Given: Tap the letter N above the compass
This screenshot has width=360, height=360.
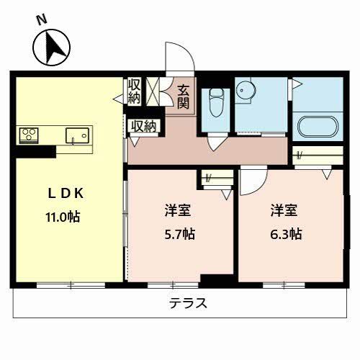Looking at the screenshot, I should [x=42, y=19].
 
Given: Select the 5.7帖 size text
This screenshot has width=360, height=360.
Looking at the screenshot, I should [x=178, y=233].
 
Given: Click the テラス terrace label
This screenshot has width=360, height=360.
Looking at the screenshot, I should [x=189, y=303].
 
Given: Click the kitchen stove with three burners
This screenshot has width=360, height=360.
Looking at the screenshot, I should [x=28, y=135].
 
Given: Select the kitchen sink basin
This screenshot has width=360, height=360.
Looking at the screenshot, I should [x=76, y=135].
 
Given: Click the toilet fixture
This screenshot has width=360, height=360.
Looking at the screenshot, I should [x=215, y=107].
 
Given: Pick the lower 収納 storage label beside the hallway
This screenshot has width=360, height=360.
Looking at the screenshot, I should [x=143, y=126].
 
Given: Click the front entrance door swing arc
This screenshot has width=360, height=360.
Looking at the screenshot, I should [x=176, y=58].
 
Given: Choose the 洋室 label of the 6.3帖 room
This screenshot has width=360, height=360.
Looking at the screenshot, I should [x=282, y=211].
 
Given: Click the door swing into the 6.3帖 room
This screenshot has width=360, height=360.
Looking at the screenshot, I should [x=252, y=181].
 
